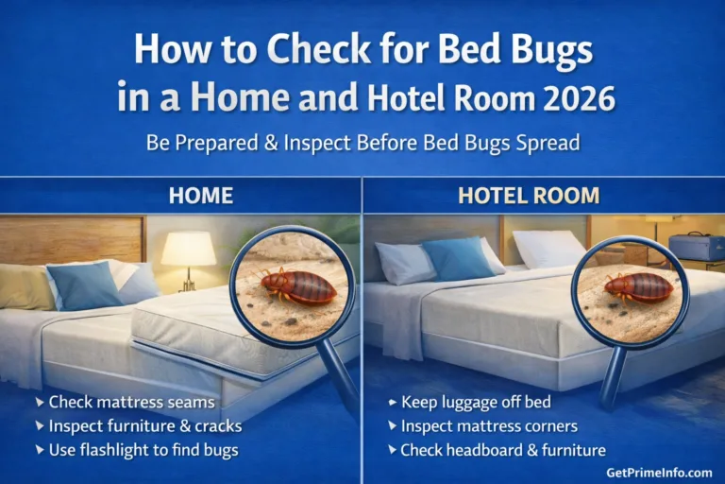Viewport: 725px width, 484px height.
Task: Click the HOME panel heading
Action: tap(200, 196)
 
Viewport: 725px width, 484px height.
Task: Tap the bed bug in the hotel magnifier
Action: tap(638, 285)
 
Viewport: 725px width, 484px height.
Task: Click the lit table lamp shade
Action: tap(188, 249)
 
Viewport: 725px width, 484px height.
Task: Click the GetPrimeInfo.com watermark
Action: tap(658, 472)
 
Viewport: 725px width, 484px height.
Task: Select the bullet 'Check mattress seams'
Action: tap(131, 403)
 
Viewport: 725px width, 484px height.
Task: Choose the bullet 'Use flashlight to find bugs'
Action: tap(143, 450)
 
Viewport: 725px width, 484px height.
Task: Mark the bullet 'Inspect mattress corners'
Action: tap(490, 426)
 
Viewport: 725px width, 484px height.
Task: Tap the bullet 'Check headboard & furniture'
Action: tap(502, 450)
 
